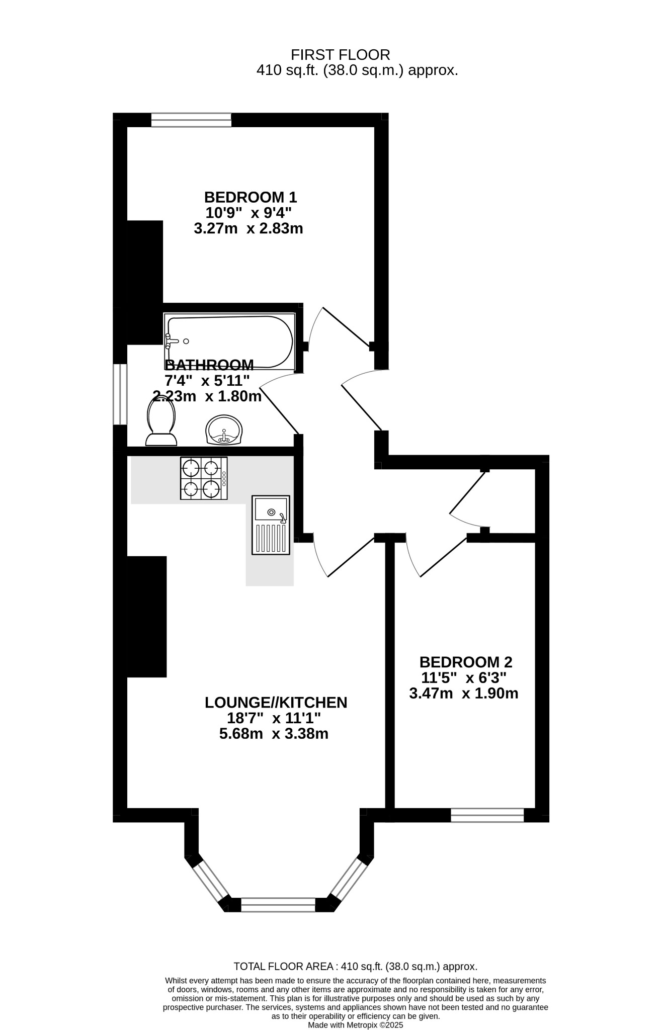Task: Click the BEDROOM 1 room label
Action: [251, 197]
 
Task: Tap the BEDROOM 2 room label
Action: [466, 661]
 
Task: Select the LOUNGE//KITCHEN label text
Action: [276, 702]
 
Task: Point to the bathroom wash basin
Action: [225, 430]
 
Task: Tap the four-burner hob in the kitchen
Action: [204, 478]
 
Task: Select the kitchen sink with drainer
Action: [271, 525]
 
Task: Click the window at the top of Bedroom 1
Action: [191, 120]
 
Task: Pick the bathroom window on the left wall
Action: [120, 394]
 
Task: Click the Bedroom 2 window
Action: [487, 815]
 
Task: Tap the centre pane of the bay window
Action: [278, 904]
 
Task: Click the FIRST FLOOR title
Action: [341, 54]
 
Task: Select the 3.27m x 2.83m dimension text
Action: [249, 229]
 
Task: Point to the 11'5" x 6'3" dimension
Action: [464, 677]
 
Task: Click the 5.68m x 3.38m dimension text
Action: [274, 734]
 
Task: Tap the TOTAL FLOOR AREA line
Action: [356, 966]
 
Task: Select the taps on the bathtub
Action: [172, 341]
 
